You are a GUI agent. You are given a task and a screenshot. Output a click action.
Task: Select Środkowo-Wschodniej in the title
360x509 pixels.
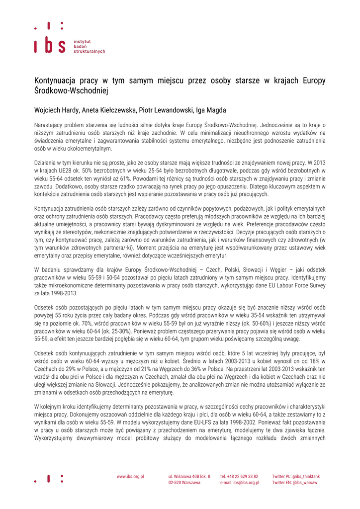(x=71, y=91)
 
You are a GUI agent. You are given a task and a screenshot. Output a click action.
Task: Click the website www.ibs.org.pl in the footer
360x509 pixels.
(x=130, y=476)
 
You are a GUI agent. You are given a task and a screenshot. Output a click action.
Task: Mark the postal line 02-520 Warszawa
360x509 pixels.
(x=184, y=483)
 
